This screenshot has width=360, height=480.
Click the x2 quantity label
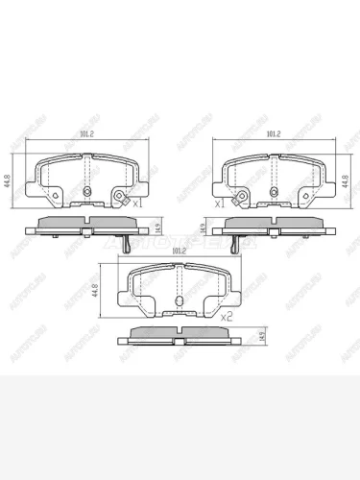pos(228,316)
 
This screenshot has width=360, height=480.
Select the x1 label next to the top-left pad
pos(136,204)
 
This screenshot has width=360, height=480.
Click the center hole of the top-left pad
pos(87,191)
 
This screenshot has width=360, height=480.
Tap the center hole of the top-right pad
pos(270,191)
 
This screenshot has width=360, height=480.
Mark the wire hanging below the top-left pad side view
pos(125,247)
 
